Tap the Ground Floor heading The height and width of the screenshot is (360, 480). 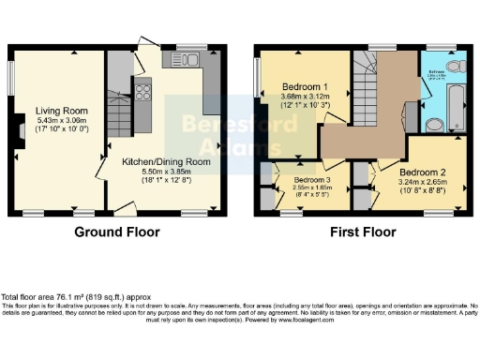(117, 232)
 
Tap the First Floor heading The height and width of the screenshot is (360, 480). (359, 232)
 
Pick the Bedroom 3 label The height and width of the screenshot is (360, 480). (313, 178)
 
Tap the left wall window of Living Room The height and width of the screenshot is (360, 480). (12, 75)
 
